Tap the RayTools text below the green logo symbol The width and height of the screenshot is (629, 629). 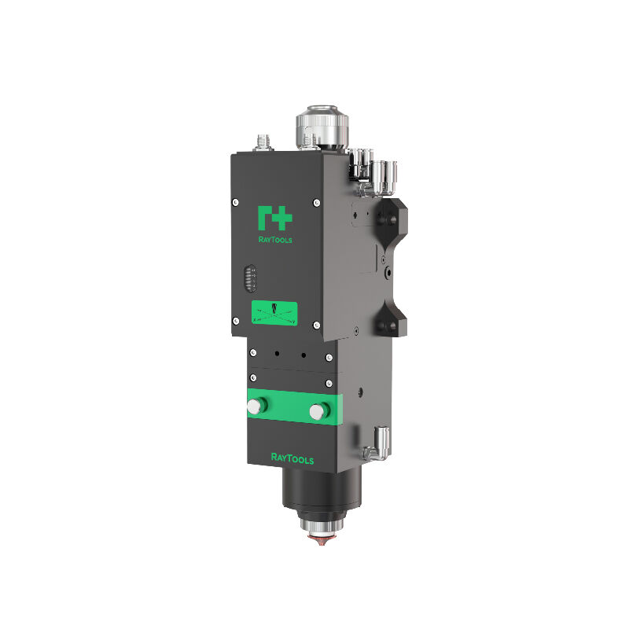coord(275,240)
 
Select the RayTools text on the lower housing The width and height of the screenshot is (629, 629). coord(292,458)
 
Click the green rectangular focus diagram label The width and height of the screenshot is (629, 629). coord(274,312)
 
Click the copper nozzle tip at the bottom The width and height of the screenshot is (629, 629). coord(323,541)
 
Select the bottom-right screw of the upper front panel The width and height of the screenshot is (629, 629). coord(315,325)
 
